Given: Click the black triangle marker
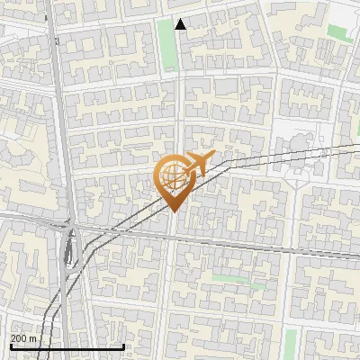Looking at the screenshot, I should tap(181, 25).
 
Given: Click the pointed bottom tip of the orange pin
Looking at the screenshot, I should tap(172, 211).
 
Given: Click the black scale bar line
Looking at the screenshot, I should tap(67, 346).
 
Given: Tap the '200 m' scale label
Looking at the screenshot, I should tap(23, 338).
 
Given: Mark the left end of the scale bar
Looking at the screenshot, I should tap(11, 346).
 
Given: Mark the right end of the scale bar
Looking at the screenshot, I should tap(123, 346).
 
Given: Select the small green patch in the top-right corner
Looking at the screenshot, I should tap(337, 32).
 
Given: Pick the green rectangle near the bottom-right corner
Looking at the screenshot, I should tap(290, 341).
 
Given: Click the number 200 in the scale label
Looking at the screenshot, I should tap(19, 338).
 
